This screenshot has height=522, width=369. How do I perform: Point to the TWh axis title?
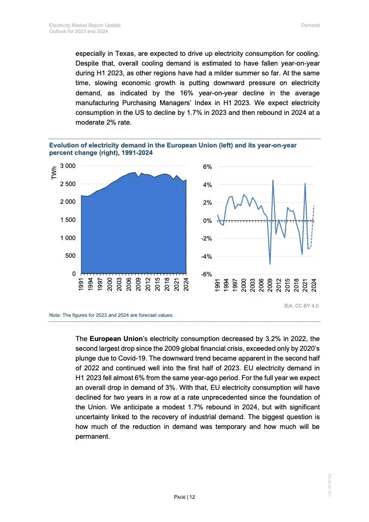(54, 174)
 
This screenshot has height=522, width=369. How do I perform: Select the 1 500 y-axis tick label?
(67, 220)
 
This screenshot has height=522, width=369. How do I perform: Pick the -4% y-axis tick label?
(206, 256)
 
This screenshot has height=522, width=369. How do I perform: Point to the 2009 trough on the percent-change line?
(270, 264)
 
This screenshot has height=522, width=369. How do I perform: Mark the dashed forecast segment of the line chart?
(312, 228)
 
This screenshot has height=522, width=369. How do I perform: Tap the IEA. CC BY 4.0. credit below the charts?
(302, 306)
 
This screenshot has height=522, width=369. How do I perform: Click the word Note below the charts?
(55, 315)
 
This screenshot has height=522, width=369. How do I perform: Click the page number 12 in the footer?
(192, 497)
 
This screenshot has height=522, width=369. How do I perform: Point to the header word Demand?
(310, 25)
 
